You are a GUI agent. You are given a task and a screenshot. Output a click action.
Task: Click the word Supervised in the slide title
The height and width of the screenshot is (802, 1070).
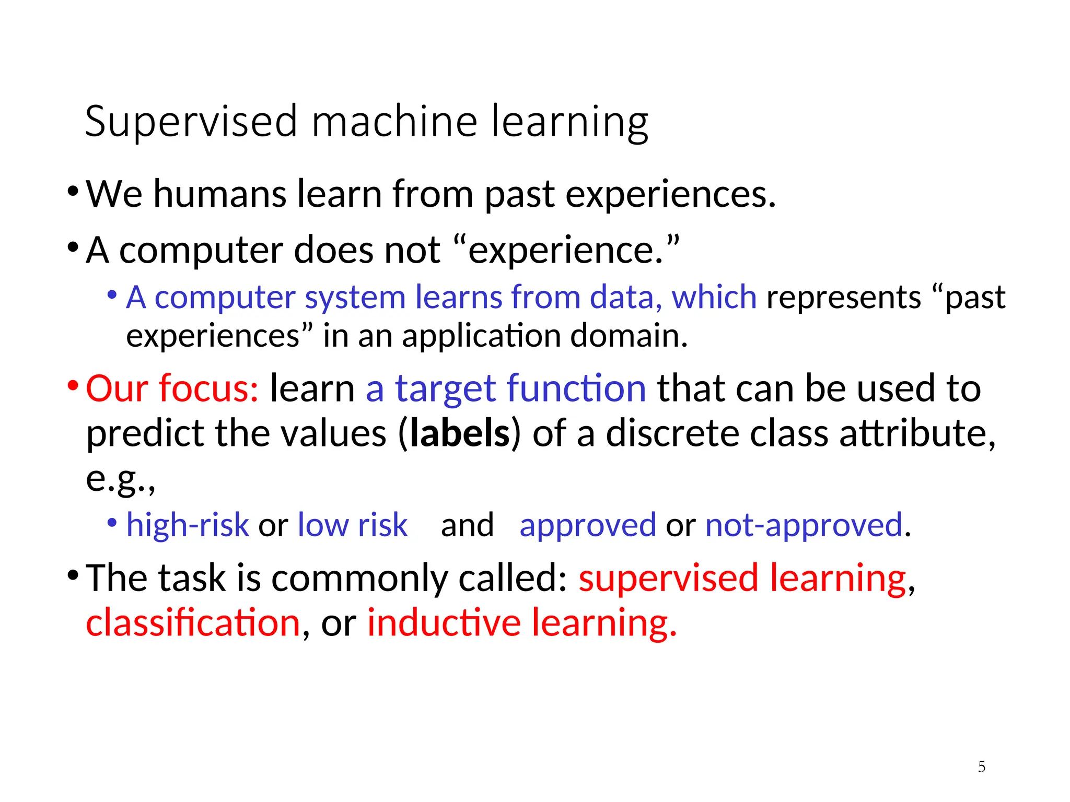[x=191, y=122]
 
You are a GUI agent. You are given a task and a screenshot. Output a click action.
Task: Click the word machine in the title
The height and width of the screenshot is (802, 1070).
[x=394, y=122]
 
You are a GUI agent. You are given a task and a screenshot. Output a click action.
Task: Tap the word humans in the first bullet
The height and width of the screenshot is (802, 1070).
[x=219, y=194]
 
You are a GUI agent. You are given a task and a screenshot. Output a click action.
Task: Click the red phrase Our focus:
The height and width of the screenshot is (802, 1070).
[x=172, y=388]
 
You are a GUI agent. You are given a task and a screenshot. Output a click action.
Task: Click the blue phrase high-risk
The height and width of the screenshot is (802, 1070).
[x=188, y=525]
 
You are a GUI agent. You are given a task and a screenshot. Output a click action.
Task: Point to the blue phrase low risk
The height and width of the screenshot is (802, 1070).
[x=352, y=525]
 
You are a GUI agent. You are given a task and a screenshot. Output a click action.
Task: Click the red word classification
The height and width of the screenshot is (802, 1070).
[x=193, y=623]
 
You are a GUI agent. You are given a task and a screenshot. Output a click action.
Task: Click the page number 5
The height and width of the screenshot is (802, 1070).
[x=982, y=766]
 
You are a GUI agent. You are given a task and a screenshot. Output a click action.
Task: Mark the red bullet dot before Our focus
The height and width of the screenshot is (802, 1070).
[x=73, y=386]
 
